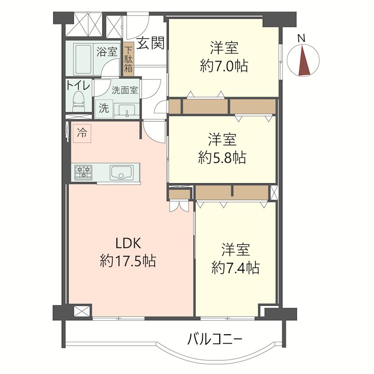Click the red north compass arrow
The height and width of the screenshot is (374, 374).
(304, 59)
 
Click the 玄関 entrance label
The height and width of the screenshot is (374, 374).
(151, 43)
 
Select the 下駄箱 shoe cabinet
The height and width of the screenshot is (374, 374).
(128, 59)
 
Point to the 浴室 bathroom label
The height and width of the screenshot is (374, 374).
(107, 51)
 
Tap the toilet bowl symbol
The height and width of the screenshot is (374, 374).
(79, 101)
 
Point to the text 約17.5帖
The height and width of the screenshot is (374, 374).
(128, 260)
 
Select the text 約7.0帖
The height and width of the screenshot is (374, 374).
(224, 65)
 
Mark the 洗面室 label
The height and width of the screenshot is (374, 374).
(124, 91)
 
